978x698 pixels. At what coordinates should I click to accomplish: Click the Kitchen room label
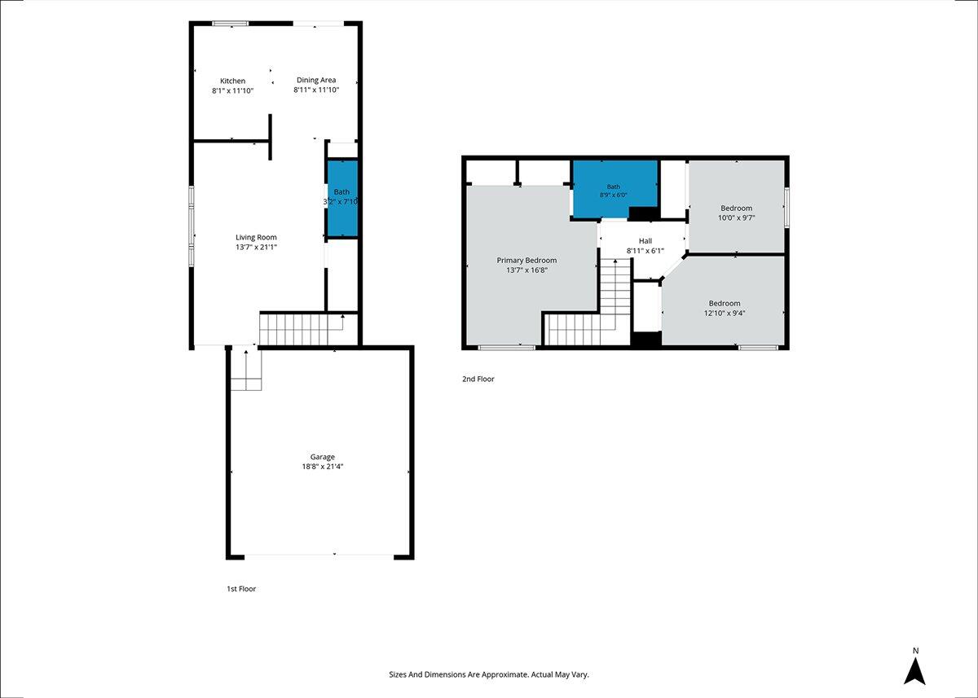[x=232, y=81]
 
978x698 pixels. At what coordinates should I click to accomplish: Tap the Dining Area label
[x=316, y=81]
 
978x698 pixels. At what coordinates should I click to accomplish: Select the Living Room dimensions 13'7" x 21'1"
[x=256, y=247]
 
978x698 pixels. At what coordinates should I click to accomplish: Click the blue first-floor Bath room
[x=342, y=199]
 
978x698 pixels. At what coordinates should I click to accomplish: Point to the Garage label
[x=322, y=457]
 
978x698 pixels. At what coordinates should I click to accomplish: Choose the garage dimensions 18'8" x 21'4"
[x=322, y=467]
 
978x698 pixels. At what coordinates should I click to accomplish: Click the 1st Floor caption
[x=241, y=589]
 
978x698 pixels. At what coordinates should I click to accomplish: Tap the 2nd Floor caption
[x=478, y=379]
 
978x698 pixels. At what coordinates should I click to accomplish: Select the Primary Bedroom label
[x=526, y=261]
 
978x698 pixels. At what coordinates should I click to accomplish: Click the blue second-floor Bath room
[x=615, y=189]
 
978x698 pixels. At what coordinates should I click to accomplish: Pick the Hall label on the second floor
[x=645, y=241]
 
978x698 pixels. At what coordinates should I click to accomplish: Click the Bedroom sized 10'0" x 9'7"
[x=737, y=208]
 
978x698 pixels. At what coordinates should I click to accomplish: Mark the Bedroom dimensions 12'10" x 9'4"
[x=725, y=313]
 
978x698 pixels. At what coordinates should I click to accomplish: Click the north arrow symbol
[x=914, y=672]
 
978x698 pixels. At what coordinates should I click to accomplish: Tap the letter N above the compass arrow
[x=915, y=651]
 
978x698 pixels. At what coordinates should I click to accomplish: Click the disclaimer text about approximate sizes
[x=489, y=674]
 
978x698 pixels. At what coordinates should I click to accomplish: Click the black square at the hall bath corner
[x=643, y=213]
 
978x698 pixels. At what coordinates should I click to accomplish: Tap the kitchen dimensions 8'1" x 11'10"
[x=233, y=90]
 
